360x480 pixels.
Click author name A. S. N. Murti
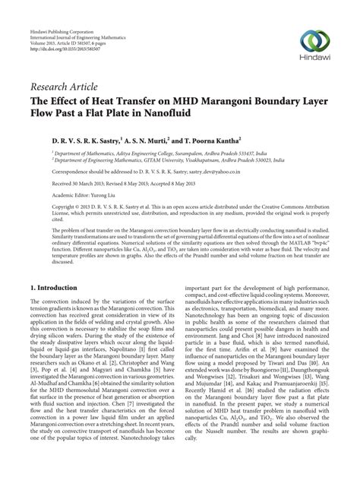click(x=147, y=141)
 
